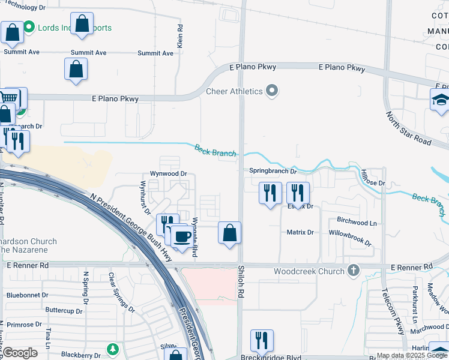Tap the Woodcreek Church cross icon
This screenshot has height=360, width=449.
click(x=354, y=271)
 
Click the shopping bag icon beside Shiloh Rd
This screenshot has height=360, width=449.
click(x=229, y=233)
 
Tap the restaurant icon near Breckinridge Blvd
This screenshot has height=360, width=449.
click(x=261, y=340)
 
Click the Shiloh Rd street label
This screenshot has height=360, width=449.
click(x=241, y=283)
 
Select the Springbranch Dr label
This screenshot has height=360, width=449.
click(x=274, y=172)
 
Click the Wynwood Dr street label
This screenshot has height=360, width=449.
click(x=169, y=174)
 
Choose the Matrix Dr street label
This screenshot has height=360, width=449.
click(x=300, y=232)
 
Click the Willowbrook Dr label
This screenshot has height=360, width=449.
click(x=350, y=238)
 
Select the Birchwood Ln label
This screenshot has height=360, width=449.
click(x=357, y=223)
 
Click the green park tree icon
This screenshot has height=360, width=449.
click(x=112, y=349)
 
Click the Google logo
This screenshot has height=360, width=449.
click(x=20, y=353)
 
